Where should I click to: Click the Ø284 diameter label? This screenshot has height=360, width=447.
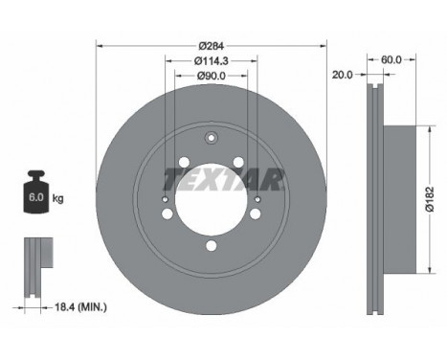click(x=212, y=46)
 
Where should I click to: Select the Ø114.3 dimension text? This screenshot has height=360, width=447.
click(x=212, y=60)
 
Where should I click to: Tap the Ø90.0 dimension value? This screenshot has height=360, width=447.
click(x=212, y=76)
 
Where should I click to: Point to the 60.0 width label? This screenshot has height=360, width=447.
click(x=391, y=59)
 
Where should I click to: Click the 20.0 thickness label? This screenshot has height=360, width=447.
click(x=343, y=75)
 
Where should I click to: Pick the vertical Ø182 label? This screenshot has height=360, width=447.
click(x=430, y=199)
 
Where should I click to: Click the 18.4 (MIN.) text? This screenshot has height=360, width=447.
click(x=81, y=307)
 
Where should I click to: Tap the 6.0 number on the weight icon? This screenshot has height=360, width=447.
click(x=36, y=197)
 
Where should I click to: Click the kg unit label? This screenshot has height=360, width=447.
click(x=57, y=199)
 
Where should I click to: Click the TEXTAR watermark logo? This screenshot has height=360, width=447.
click(x=223, y=180)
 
